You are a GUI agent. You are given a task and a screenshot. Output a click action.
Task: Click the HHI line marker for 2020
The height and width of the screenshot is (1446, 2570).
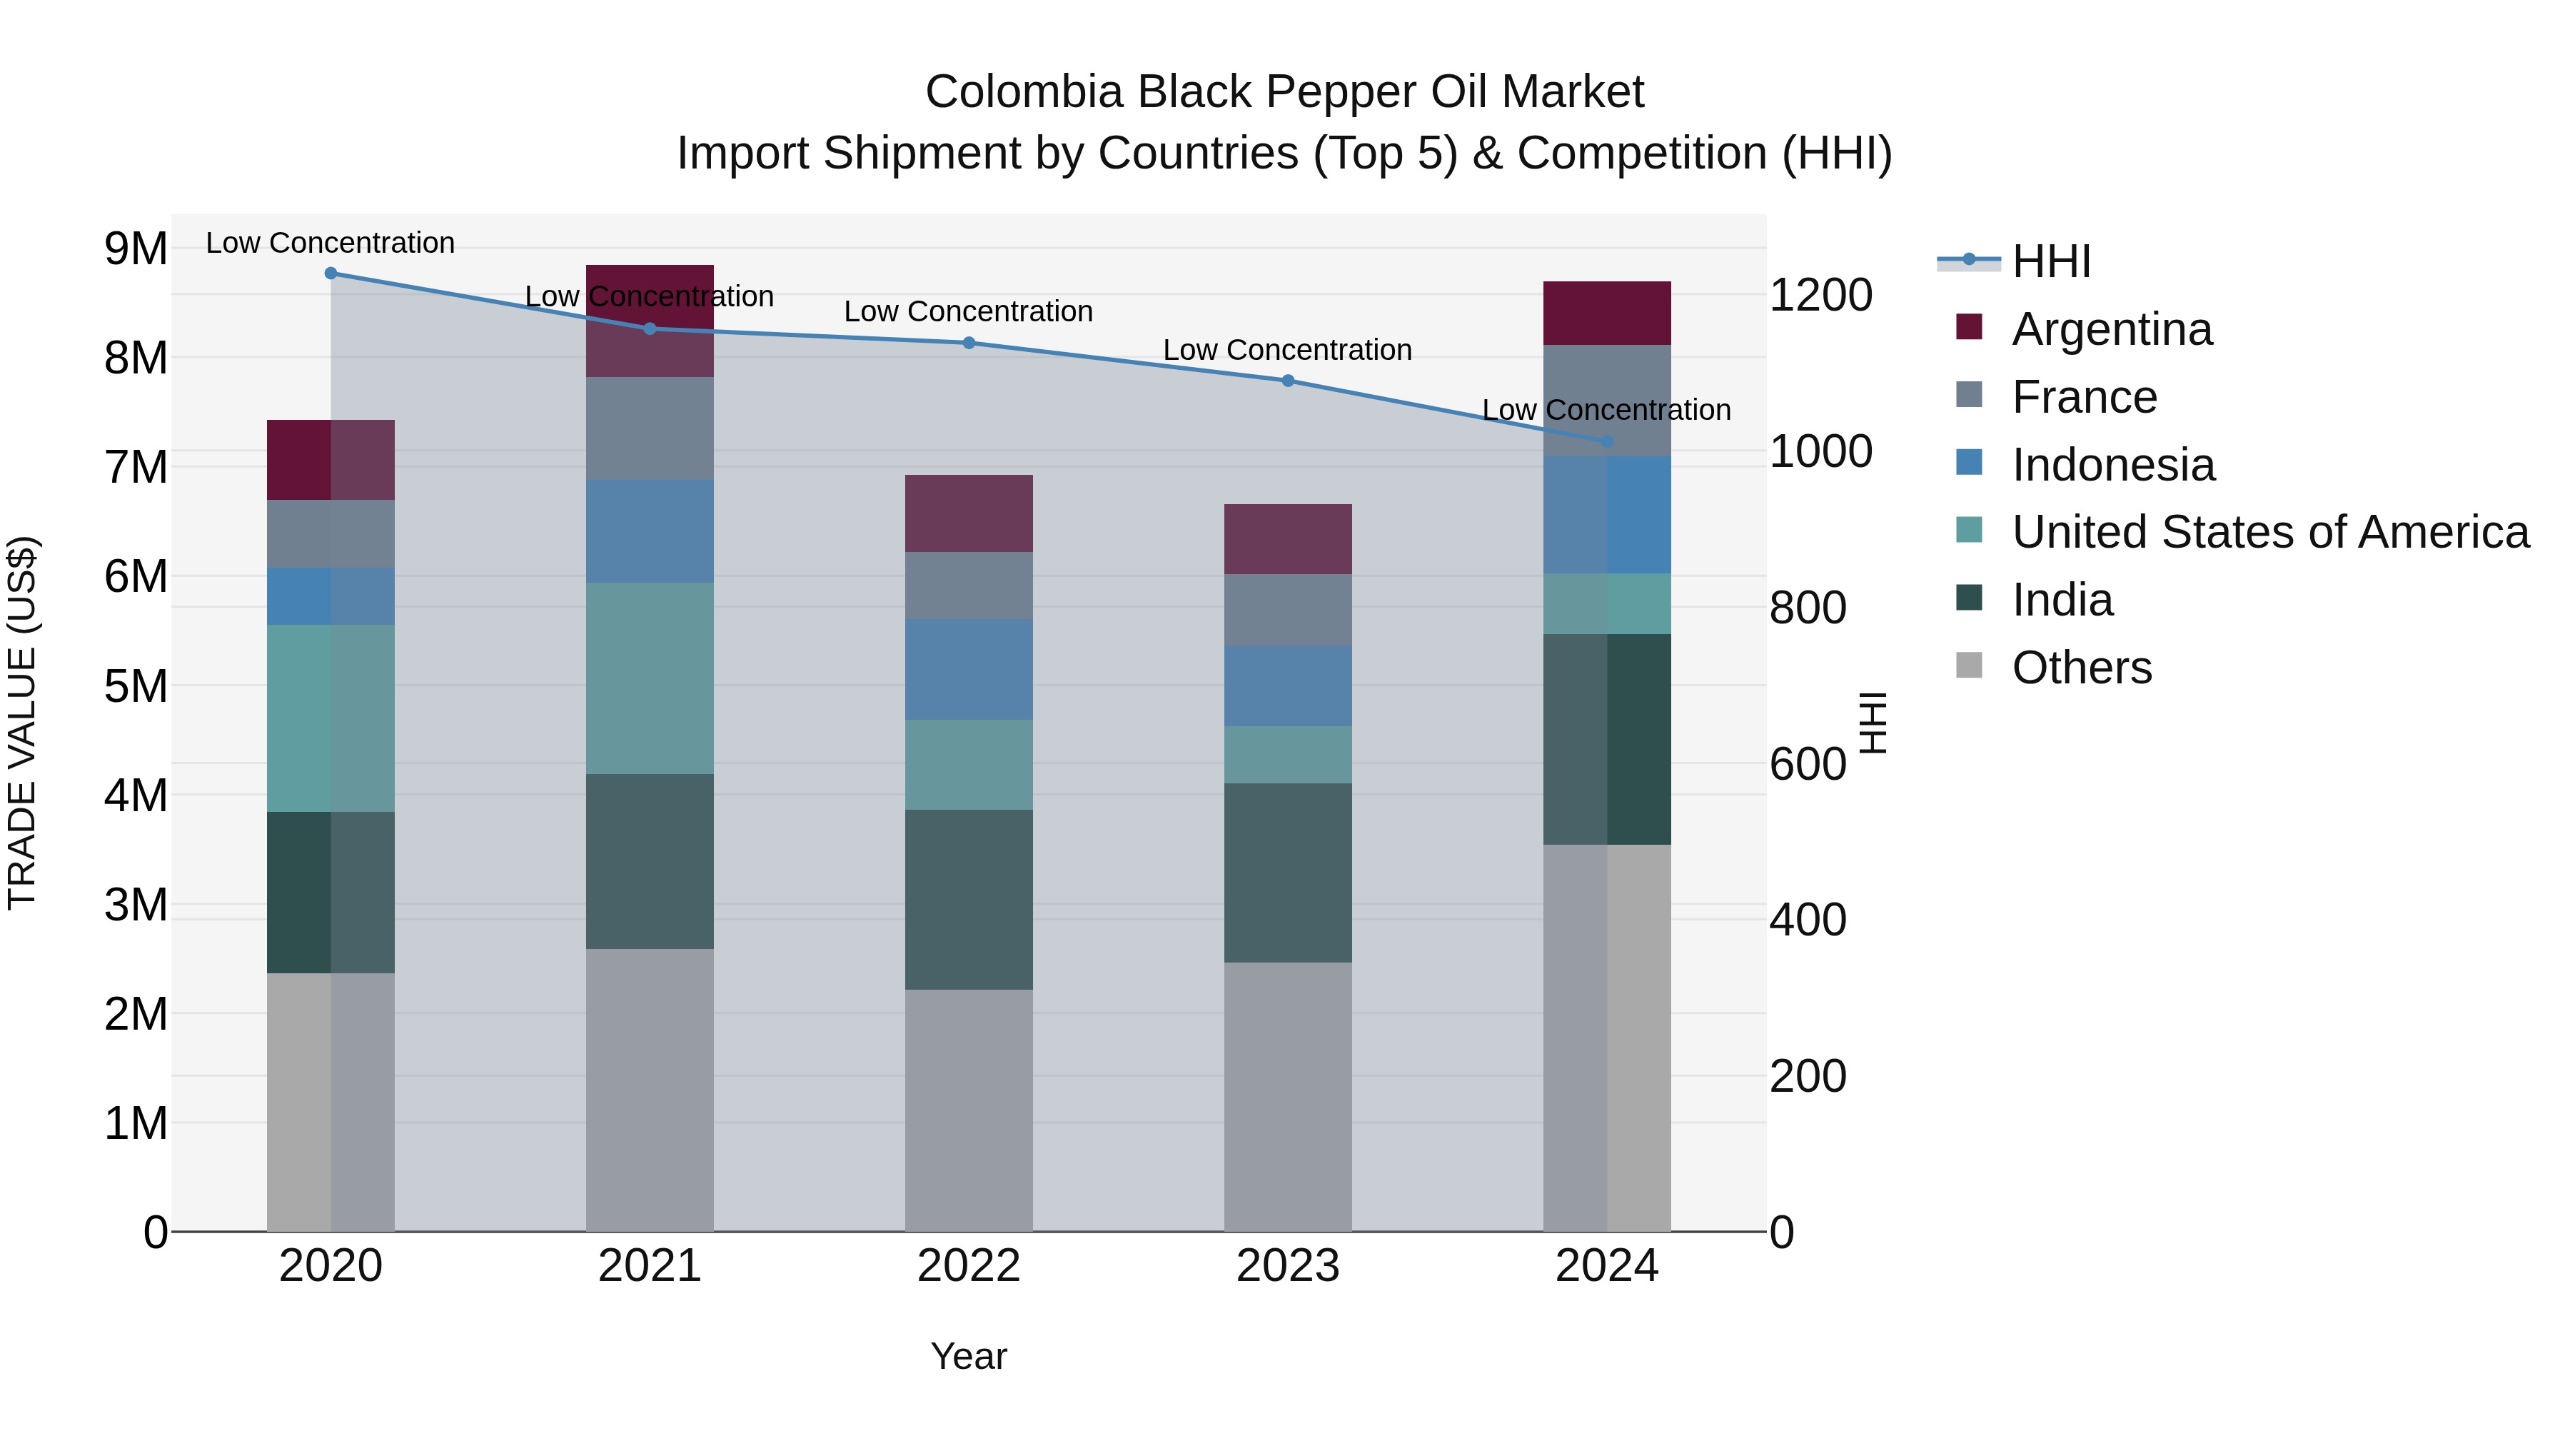(x=331, y=273)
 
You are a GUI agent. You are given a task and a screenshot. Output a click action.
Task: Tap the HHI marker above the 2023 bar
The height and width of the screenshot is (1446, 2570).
(x=1287, y=380)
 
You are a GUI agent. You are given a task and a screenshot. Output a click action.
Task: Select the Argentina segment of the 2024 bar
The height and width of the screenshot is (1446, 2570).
(x=1606, y=313)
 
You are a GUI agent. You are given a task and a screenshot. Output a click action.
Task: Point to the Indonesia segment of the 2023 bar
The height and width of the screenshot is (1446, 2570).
(x=1287, y=686)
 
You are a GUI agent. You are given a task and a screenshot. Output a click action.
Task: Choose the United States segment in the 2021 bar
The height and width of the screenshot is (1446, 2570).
(x=650, y=678)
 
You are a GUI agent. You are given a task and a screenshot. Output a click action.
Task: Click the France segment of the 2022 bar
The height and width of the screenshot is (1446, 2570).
(x=968, y=585)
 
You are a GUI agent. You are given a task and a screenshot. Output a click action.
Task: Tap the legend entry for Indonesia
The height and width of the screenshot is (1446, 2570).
(x=2112, y=465)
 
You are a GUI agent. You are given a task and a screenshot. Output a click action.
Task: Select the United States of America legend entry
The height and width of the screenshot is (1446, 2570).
(x=2269, y=532)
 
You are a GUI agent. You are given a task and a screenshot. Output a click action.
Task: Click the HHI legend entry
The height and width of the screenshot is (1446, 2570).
(x=2050, y=261)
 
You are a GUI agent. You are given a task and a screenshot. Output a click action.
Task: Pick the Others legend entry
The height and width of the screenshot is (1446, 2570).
(x=2081, y=668)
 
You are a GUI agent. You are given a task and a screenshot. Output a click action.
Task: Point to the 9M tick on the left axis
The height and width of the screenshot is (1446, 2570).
(x=136, y=248)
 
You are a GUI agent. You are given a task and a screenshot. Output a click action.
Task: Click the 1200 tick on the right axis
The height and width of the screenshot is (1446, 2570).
(x=1820, y=296)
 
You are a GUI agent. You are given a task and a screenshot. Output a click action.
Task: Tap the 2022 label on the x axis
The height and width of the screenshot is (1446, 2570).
(x=968, y=1266)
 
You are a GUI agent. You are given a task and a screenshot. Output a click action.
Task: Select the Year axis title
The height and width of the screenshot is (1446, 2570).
(x=968, y=1356)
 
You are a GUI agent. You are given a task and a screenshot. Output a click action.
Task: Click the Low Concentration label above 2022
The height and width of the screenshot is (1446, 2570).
(x=968, y=311)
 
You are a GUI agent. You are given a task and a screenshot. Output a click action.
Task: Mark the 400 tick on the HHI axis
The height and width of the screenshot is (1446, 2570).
(x=1807, y=920)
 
